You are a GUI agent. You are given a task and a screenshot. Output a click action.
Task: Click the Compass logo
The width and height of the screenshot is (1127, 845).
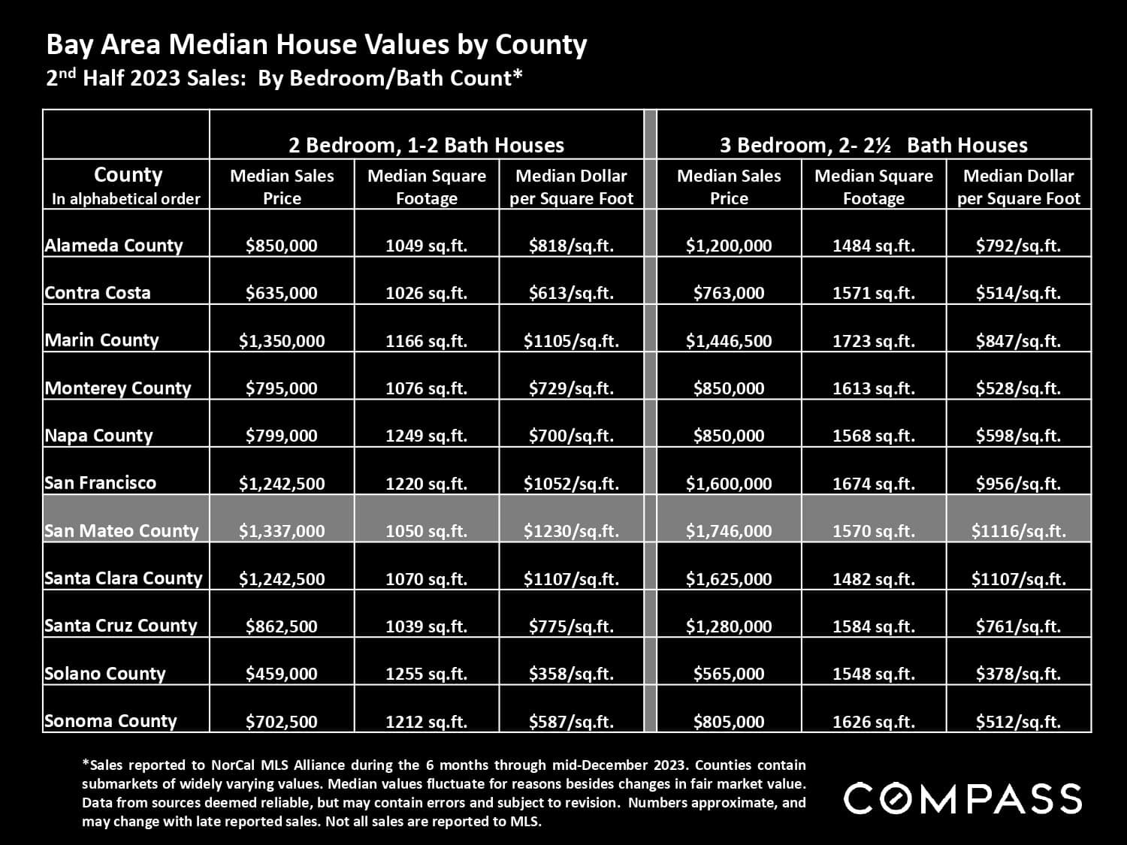(962, 798)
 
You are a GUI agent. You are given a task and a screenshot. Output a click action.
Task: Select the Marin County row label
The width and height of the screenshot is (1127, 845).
(101, 340)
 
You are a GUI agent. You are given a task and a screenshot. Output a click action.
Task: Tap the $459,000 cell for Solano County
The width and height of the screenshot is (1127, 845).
(282, 674)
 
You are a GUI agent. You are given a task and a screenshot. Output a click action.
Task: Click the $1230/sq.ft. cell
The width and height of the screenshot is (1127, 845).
(571, 531)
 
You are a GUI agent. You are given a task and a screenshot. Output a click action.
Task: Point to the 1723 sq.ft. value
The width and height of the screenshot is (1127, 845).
(873, 341)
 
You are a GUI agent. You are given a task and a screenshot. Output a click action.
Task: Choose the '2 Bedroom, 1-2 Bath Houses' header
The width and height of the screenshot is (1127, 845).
(426, 145)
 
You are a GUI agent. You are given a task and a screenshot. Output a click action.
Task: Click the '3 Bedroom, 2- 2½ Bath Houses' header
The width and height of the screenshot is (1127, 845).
(873, 145)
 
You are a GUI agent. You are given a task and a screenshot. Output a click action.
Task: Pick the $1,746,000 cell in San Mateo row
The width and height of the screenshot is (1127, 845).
(728, 531)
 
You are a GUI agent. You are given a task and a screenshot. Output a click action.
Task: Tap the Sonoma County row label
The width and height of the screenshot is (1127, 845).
(110, 721)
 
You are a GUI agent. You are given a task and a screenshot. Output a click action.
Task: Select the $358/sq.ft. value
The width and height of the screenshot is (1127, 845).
(571, 674)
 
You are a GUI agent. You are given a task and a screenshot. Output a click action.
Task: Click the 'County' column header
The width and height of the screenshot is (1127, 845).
(127, 176)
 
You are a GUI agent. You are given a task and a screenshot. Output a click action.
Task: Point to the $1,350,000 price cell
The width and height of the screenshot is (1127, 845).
(282, 341)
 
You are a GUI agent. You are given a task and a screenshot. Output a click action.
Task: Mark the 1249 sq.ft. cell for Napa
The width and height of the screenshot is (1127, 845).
(426, 436)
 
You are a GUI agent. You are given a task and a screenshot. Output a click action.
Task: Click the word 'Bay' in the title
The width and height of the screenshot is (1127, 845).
(68, 45)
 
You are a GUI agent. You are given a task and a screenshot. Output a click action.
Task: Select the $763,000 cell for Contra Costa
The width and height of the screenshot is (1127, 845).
(728, 293)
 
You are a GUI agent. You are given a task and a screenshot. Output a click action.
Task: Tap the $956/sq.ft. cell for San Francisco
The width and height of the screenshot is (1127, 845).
(1018, 484)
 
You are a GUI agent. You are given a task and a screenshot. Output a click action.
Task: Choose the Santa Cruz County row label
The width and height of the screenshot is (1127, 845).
(120, 626)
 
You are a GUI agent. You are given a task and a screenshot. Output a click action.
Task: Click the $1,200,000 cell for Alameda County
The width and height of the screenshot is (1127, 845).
(728, 246)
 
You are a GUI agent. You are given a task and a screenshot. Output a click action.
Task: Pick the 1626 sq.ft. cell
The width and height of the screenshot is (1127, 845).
(873, 722)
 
